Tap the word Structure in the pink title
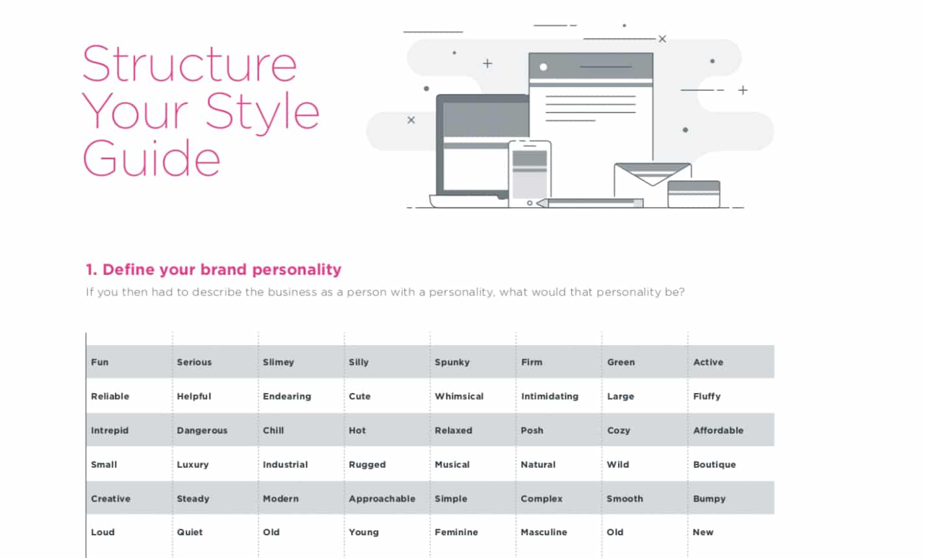coord(190,64)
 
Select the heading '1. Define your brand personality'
coord(214,270)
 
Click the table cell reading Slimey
coord(278,362)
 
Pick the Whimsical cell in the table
coord(459,396)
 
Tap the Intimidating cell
coord(550,396)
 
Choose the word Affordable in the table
coord(718,430)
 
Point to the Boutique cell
coord(715,464)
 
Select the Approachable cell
coord(382,499)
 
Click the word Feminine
coord(456,533)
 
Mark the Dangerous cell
coord(202,431)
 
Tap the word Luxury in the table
coord(192,464)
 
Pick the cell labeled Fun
coord(99,362)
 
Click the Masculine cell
coord(544,533)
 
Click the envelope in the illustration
coord(652,184)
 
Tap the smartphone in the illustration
coord(530,174)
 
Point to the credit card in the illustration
coord(694,194)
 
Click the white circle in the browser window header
coord(543,67)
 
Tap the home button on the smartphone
coord(530,203)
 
